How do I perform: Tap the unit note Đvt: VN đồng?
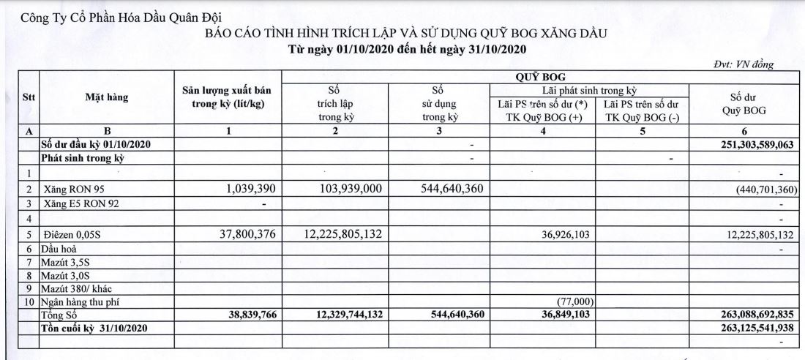point(743,64)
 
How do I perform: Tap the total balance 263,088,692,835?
point(742,315)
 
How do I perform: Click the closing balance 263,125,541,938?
point(742,327)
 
